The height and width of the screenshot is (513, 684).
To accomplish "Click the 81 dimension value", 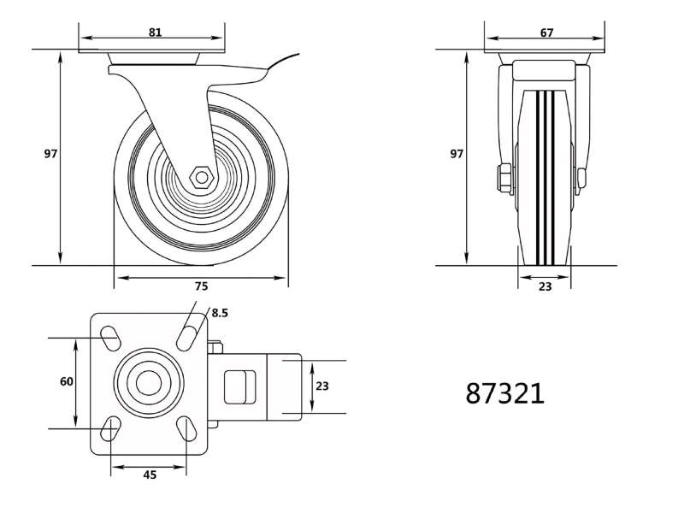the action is (156, 32).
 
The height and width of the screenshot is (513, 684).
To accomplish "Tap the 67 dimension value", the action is (546, 32).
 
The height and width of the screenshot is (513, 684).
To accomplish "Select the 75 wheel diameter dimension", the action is (201, 286).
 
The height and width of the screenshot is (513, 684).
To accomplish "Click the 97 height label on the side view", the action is (50, 154).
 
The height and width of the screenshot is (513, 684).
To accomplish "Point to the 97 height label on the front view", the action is (457, 154).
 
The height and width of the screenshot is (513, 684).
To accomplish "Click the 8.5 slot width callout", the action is (220, 313).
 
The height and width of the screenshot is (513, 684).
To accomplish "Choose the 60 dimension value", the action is (67, 381).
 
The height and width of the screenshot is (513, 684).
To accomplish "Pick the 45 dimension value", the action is (150, 475).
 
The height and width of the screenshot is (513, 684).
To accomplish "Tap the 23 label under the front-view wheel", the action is (545, 286).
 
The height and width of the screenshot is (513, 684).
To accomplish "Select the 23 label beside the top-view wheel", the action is (322, 386).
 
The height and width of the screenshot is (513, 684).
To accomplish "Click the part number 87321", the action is (505, 393).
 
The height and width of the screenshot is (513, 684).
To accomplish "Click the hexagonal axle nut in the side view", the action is (202, 177).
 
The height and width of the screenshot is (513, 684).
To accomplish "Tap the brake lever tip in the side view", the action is (298, 55).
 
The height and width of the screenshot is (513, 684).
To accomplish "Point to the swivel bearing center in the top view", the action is (149, 383).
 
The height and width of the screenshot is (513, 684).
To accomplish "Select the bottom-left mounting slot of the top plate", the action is (110, 429).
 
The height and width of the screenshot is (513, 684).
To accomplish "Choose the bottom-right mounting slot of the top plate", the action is (186, 429).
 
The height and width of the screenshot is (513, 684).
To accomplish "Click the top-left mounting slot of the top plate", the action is (110, 338).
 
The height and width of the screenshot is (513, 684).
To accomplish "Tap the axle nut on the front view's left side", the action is (505, 178).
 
